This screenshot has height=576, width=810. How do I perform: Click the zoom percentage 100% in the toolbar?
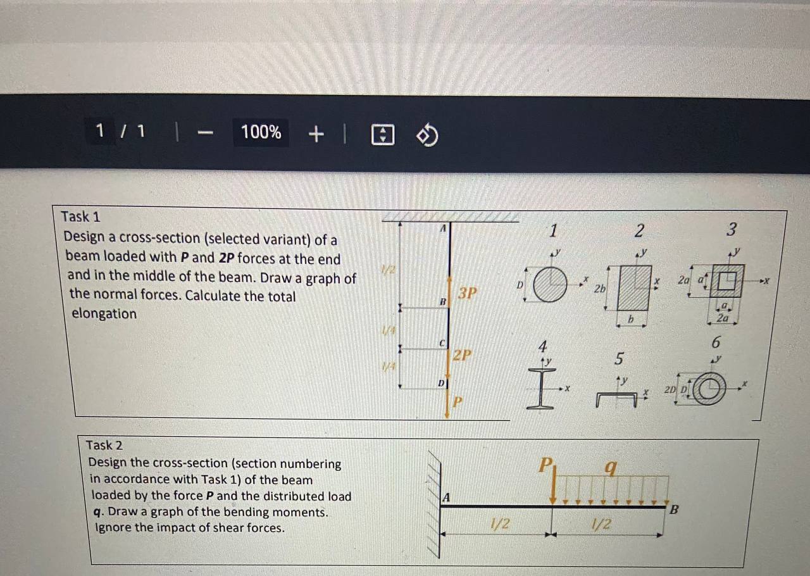261,132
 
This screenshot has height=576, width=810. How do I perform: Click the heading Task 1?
80,216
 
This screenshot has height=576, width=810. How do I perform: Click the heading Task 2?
104,445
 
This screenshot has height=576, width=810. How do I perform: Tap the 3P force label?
468,293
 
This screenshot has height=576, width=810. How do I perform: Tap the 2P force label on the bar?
462,354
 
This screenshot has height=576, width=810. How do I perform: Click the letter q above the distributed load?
610,468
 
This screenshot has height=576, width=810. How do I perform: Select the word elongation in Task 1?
103,313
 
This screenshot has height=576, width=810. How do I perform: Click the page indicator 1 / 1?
120,132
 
